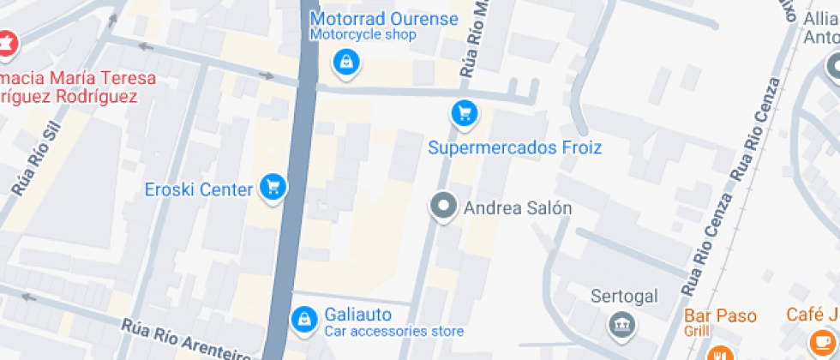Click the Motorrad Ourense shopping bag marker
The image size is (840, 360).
click(345, 61)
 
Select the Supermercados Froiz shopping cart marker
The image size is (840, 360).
click(464, 112)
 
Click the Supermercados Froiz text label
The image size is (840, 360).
click(515, 148)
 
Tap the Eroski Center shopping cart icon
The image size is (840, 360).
click(273, 186)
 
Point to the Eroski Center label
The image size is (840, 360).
click(198, 189)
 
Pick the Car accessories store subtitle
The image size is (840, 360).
click(393, 332)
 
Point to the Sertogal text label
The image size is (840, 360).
click(624, 297)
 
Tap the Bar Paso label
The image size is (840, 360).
click(720, 315)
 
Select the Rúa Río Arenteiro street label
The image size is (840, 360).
click(184, 339)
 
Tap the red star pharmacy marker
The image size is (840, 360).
click(7, 43)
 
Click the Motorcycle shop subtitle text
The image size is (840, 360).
click(363, 35)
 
